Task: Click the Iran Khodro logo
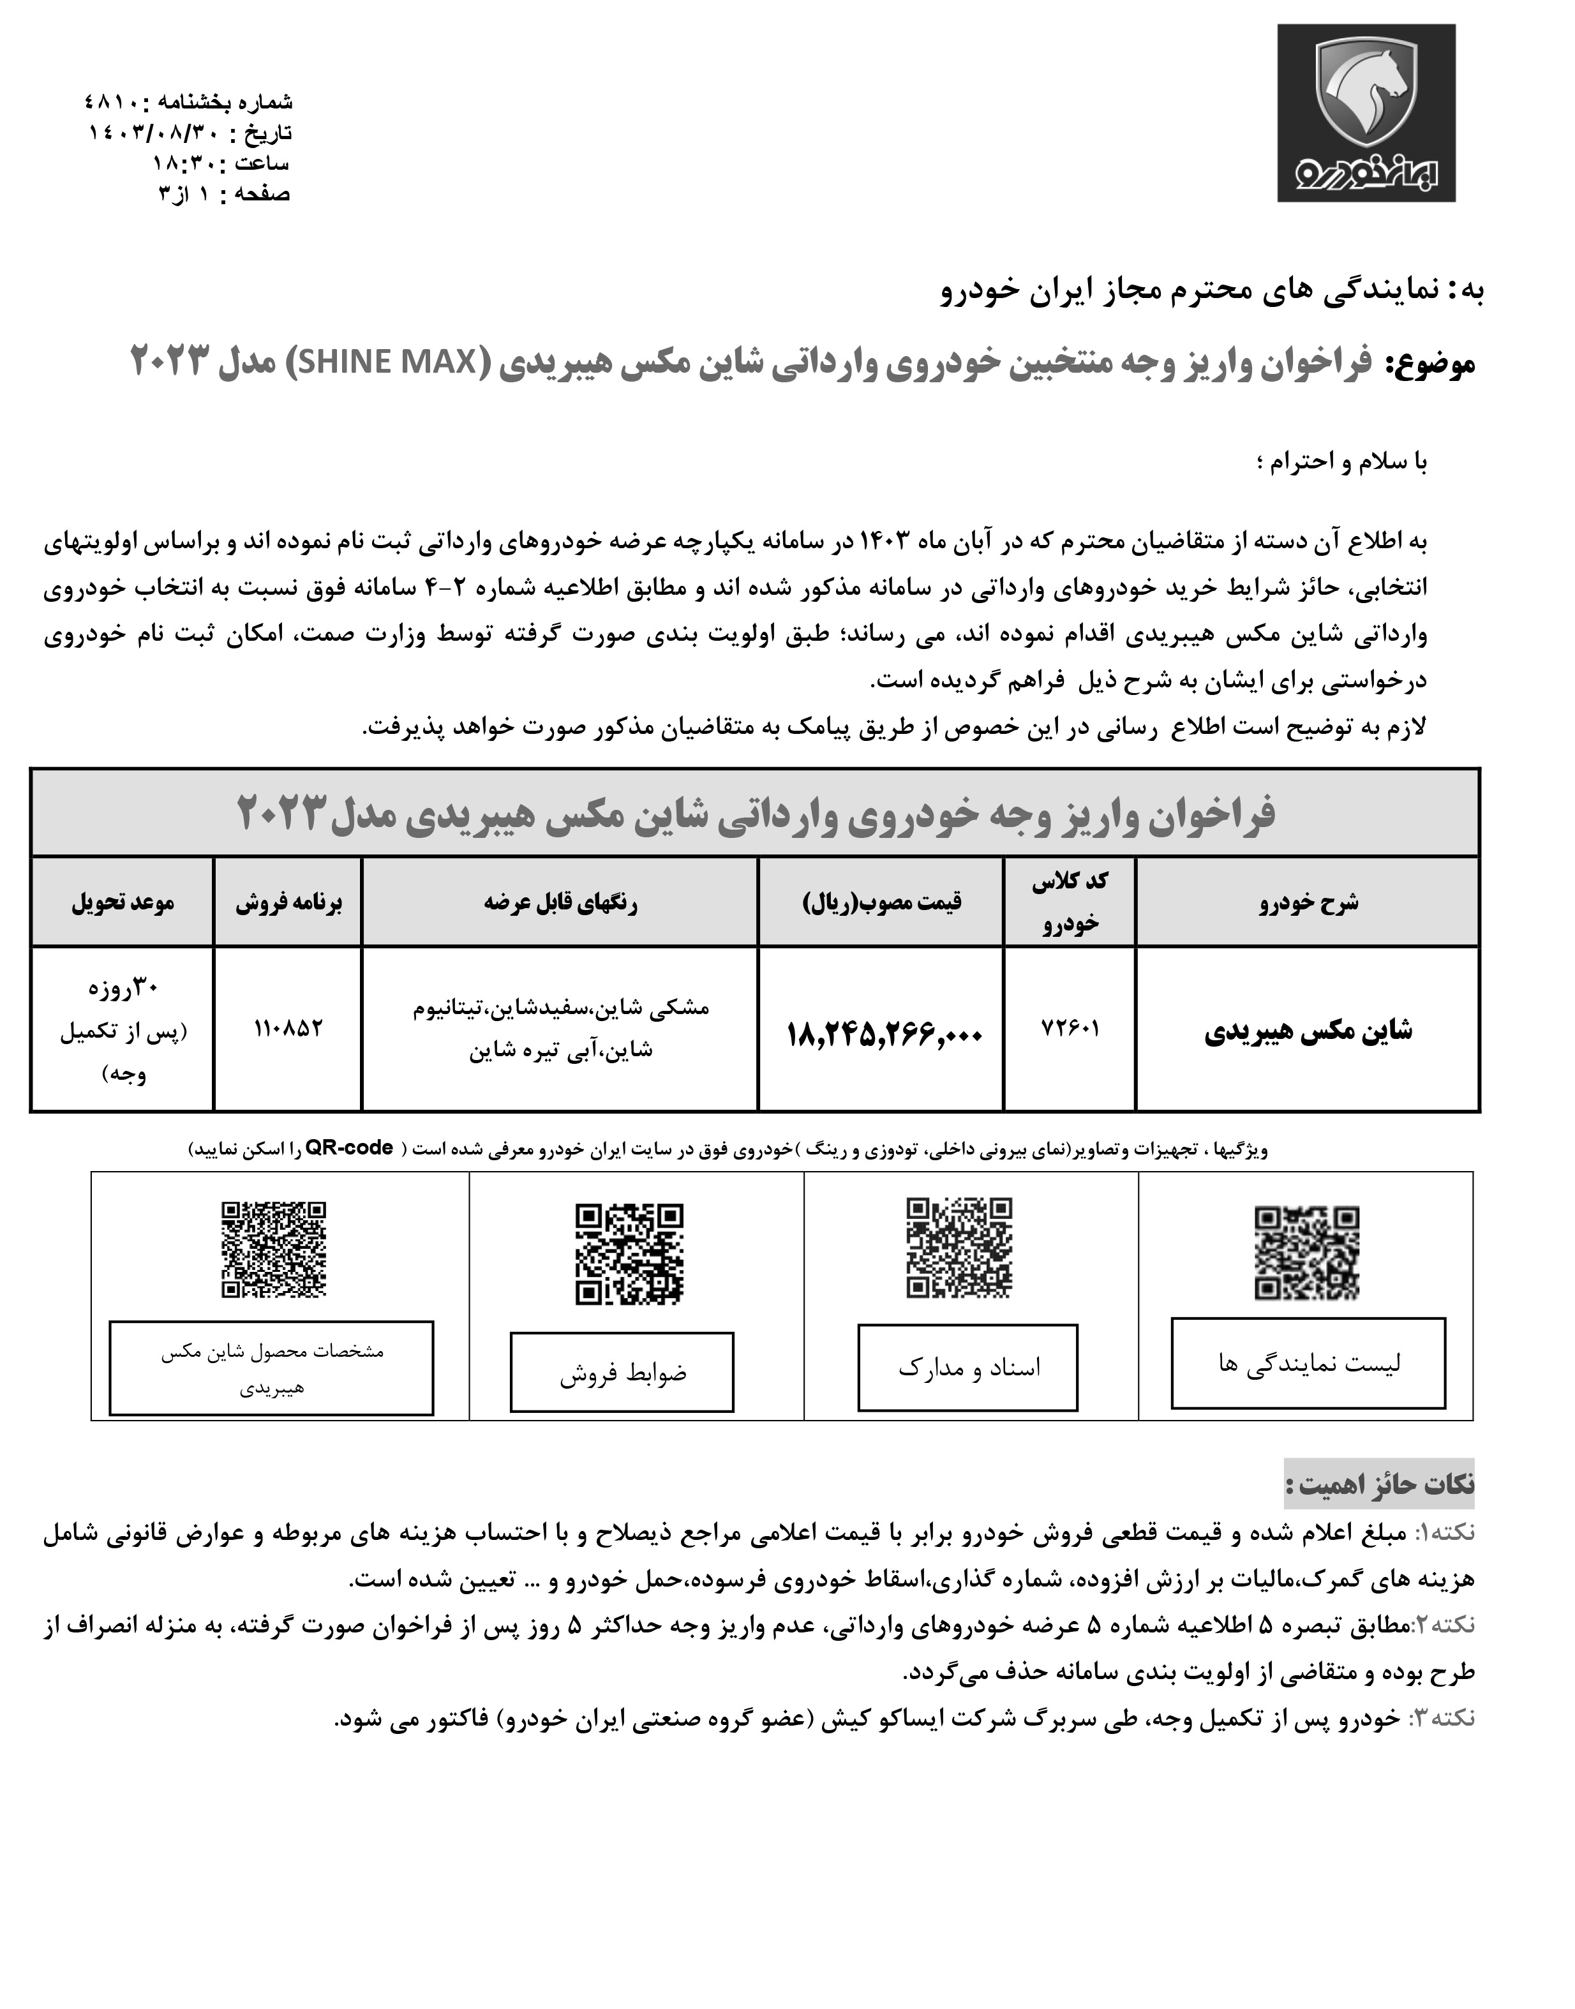click(x=1366, y=112)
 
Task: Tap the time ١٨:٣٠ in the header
click(x=184, y=163)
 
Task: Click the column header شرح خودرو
click(x=1308, y=902)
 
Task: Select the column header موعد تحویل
click(x=123, y=902)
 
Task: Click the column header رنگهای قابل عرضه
click(x=561, y=902)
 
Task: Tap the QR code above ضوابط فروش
click(x=630, y=1254)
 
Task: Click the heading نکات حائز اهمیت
click(x=1380, y=1485)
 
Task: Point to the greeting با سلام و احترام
click(x=1341, y=462)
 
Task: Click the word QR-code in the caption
click(x=350, y=1149)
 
